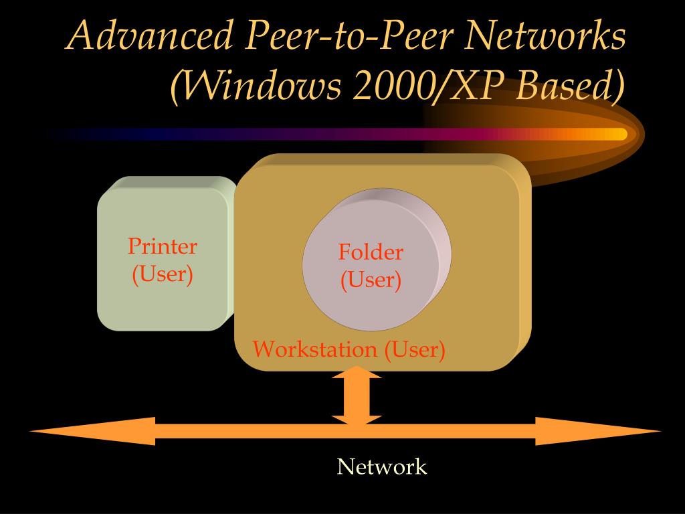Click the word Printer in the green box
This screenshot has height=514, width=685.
click(x=163, y=246)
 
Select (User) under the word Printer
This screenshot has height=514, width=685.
click(x=163, y=274)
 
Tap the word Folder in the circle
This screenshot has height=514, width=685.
click(x=371, y=252)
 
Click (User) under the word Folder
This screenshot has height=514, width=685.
click(x=371, y=280)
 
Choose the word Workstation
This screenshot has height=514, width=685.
click(x=314, y=349)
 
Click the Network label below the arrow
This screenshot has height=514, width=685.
click(x=381, y=466)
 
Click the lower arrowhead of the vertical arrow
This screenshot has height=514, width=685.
click(x=357, y=419)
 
